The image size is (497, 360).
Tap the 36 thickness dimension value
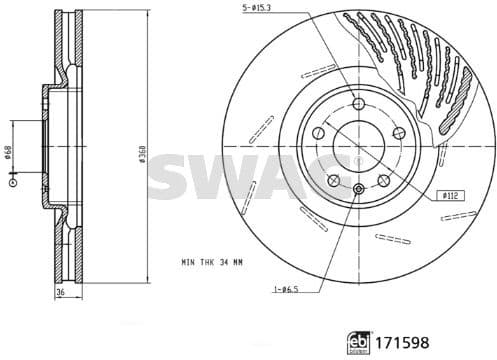click(59, 292)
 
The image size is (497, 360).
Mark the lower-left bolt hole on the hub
click(334, 180)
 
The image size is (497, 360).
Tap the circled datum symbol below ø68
click(13, 183)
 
